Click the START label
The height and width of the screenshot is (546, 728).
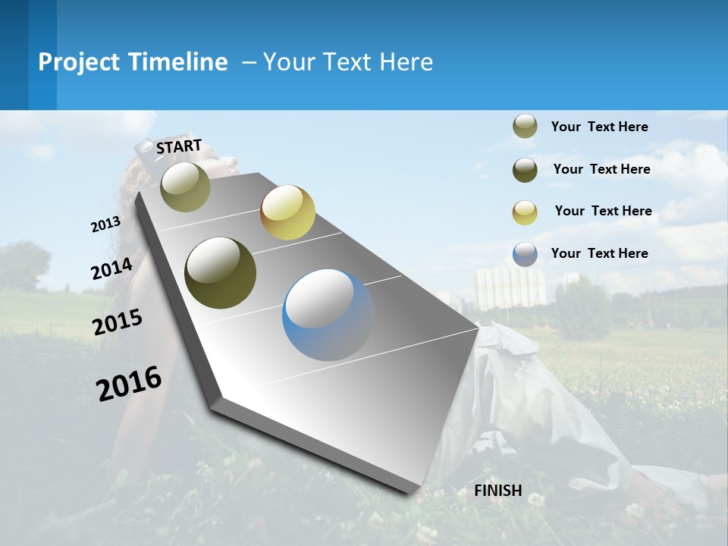click(179, 146)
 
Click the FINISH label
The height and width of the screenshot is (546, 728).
click(498, 491)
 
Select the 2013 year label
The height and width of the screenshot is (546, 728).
click(105, 224)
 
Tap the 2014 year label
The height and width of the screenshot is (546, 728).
click(112, 269)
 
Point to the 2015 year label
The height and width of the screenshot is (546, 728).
click(118, 322)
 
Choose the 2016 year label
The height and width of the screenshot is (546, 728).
click(129, 384)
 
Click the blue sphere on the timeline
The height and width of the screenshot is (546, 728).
click(328, 315)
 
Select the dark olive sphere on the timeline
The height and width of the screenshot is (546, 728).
click(220, 273)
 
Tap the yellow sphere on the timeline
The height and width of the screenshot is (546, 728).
click(287, 212)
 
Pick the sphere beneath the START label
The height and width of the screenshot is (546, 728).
click(185, 187)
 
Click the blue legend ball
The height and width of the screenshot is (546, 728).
click(525, 254)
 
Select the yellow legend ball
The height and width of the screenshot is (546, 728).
click(525, 212)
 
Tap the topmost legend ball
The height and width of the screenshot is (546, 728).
click(525, 127)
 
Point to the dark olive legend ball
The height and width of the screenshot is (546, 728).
click(525, 170)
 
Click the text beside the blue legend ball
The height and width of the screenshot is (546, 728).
click(599, 253)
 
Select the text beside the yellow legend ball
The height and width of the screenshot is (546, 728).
click(603, 211)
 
